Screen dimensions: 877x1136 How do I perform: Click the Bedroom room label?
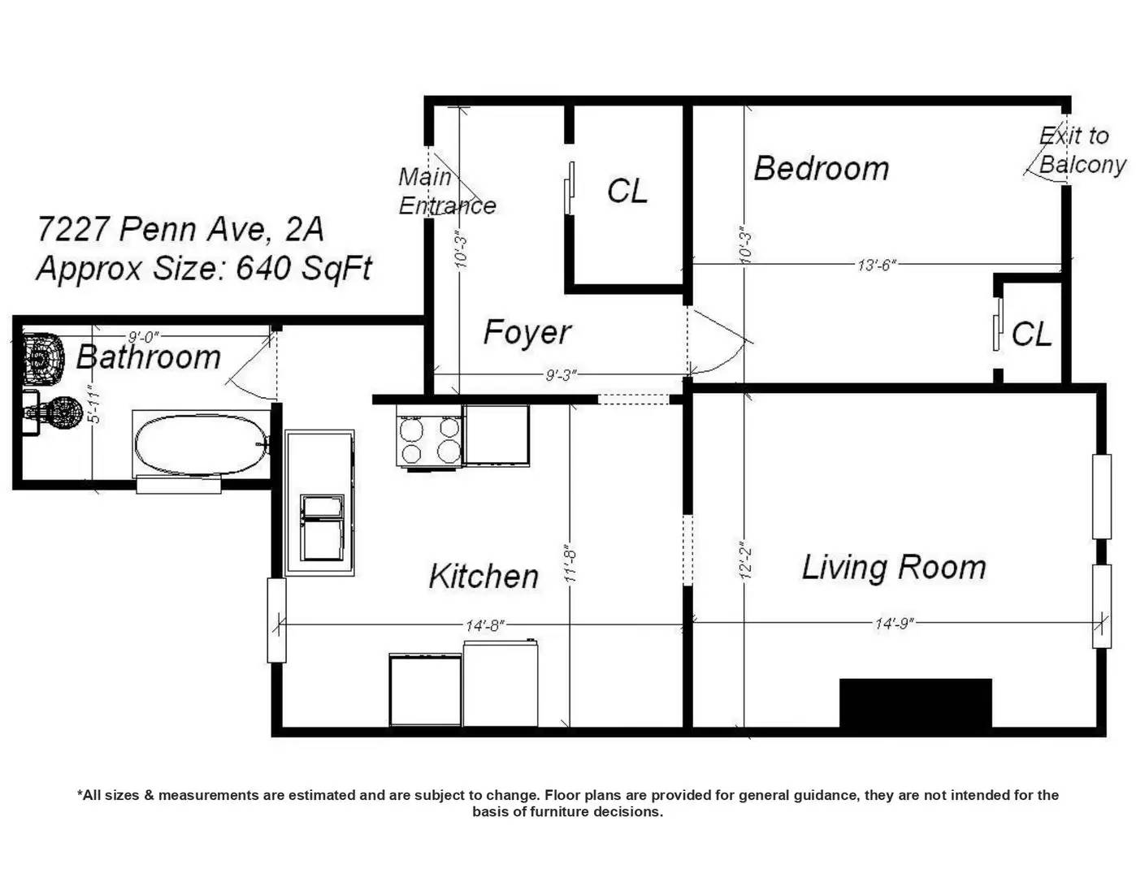(x=821, y=169)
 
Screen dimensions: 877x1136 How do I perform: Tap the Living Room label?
(x=893, y=567)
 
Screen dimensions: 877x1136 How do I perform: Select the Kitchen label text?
(x=483, y=577)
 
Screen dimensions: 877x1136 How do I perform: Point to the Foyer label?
(x=527, y=332)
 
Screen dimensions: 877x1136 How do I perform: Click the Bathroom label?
(x=149, y=357)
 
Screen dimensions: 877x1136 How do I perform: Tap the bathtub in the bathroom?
(x=202, y=445)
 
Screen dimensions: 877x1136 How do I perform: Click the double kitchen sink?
(x=322, y=528)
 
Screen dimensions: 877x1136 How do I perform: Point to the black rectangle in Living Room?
(x=915, y=702)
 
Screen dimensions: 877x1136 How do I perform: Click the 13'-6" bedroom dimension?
(x=876, y=265)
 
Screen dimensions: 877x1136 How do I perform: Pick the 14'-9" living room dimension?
(x=894, y=624)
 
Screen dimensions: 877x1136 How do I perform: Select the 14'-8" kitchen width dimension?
(x=485, y=625)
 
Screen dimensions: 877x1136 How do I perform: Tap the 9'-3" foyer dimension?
(x=561, y=375)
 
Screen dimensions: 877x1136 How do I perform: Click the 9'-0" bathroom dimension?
(x=143, y=337)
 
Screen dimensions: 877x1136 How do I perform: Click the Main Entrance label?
(x=445, y=191)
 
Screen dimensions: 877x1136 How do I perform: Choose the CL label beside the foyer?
(x=627, y=192)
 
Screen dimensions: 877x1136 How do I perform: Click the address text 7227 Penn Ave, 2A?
(x=180, y=229)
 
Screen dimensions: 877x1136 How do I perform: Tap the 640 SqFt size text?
(x=303, y=268)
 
